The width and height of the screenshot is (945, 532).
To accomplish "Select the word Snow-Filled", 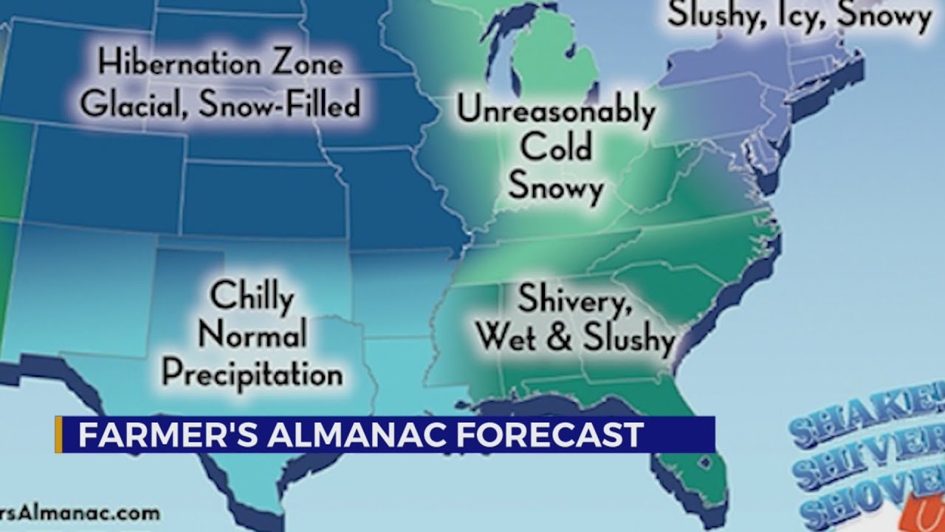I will pyautogui.click(x=279, y=104).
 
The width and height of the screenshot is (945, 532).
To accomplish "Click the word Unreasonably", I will pyautogui.click(x=556, y=111).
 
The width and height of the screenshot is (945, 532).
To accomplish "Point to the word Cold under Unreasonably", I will pyautogui.click(x=556, y=148).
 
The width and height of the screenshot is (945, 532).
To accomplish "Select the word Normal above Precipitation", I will pyautogui.click(x=252, y=335).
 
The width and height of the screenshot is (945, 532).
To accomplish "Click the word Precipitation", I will pyautogui.click(x=252, y=373).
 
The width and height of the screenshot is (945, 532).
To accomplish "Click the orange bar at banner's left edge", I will pyautogui.click(x=58, y=434).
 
